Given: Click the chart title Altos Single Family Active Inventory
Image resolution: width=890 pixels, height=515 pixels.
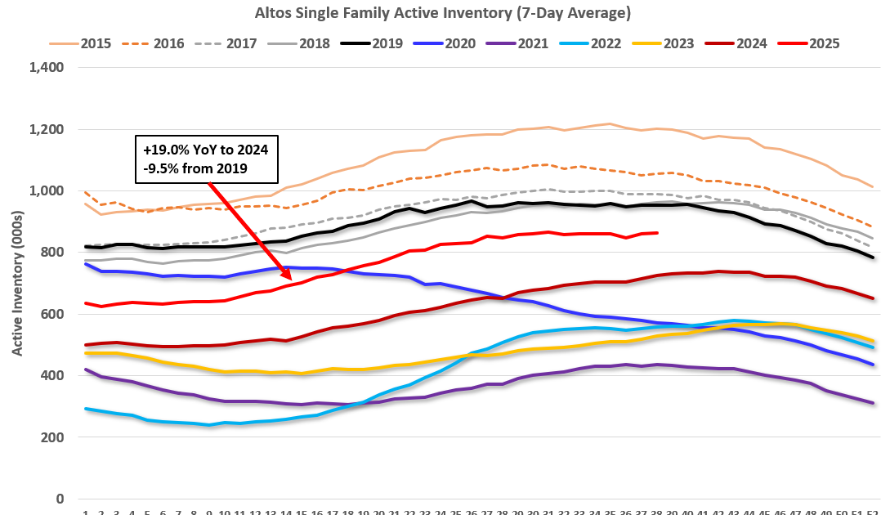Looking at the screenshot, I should pyautogui.click(x=445, y=13).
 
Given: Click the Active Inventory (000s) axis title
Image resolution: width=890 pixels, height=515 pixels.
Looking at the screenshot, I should pyautogui.click(x=16, y=283).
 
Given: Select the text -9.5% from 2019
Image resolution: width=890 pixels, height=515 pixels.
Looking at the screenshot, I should pyautogui.click(x=195, y=169).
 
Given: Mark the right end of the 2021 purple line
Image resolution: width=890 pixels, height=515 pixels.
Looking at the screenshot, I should pyautogui.click(x=873, y=403).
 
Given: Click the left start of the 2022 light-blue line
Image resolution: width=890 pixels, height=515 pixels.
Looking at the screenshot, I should pyautogui.click(x=86, y=409).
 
